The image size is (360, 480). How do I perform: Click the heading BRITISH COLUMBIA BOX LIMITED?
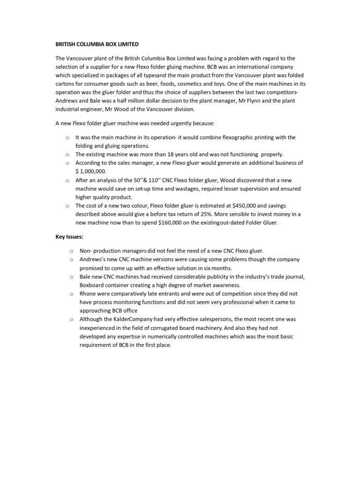click(x=97, y=44)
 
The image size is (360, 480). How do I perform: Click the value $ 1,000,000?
click(x=91, y=172)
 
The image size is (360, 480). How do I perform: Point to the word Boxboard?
click(x=92, y=285)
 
